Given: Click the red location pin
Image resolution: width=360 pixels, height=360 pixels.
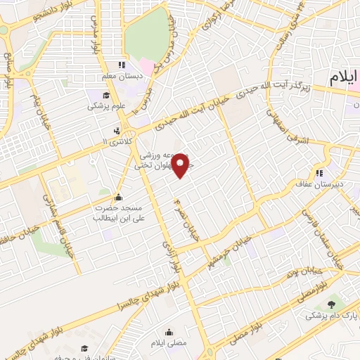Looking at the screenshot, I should tap(181, 164).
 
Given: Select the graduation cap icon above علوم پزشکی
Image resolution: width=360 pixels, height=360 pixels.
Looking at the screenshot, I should tap(105, 96).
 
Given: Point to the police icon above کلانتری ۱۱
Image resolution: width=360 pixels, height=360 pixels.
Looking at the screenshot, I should tap(116, 130).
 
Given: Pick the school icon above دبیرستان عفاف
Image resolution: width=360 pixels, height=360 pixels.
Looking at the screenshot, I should tap(319, 174).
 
